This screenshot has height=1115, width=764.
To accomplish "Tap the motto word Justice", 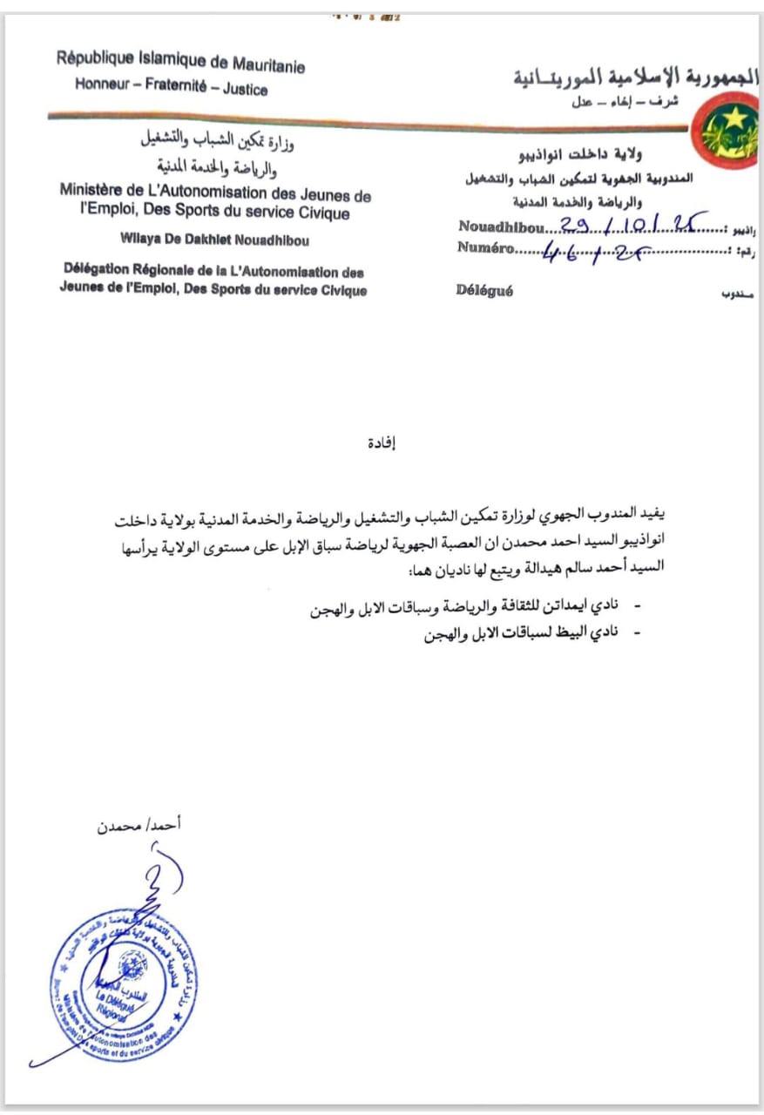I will click(x=245, y=90).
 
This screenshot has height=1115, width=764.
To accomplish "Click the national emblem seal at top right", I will click(x=730, y=129).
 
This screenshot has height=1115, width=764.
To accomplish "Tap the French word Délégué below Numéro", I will click(x=484, y=291).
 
